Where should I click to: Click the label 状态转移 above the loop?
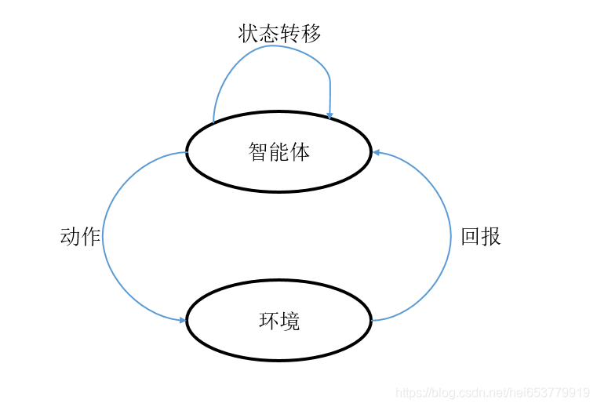coord(279,33)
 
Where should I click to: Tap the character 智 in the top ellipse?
coord(259,151)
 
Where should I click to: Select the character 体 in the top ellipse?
coord(300,151)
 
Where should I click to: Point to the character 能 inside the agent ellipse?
coord(280,151)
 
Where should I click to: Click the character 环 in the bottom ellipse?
coord(269,321)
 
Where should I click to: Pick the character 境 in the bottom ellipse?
coord(290,321)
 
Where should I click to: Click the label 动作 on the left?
coord(80,236)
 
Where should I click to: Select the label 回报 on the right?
coord(481,236)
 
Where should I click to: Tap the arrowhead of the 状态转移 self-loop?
coord(329,116)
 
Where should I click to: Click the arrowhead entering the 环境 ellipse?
coord(182,320)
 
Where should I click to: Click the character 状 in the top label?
coord(249,33)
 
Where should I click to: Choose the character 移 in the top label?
coord(311,33)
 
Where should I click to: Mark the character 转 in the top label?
coord(290,33)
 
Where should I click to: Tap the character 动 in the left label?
coord(70,236)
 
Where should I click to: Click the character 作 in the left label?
coord(90,236)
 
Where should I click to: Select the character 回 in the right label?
coord(471,236)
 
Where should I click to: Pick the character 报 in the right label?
coord(491,236)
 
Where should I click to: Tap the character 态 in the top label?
coord(269,33)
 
